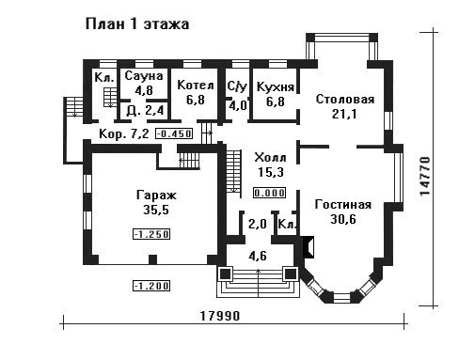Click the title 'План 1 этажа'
[x=137, y=24]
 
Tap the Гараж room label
[x=156, y=196]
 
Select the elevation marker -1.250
[x=151, y=234]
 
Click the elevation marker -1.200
[x=151, y=286]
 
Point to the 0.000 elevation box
[x=270, y=193]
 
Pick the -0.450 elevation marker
[x=174, y=133]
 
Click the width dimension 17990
[x=220, y=316]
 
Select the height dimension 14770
[x=425, y=176]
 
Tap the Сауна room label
[x=144, y=76]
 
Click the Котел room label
[x=196, y=86]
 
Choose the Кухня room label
[x=276, y=86]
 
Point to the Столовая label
[x=345, y=100]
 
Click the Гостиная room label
[x=343, y=205]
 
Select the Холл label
[x=270, y=157]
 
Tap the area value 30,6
[x=343, y=219]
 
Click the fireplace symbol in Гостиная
[x=309, y=247]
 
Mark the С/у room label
[x=237, y=86]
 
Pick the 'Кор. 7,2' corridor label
[x=123, y=134]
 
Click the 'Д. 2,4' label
[x=145, y=110]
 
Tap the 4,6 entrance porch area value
[x=258, y=256]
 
